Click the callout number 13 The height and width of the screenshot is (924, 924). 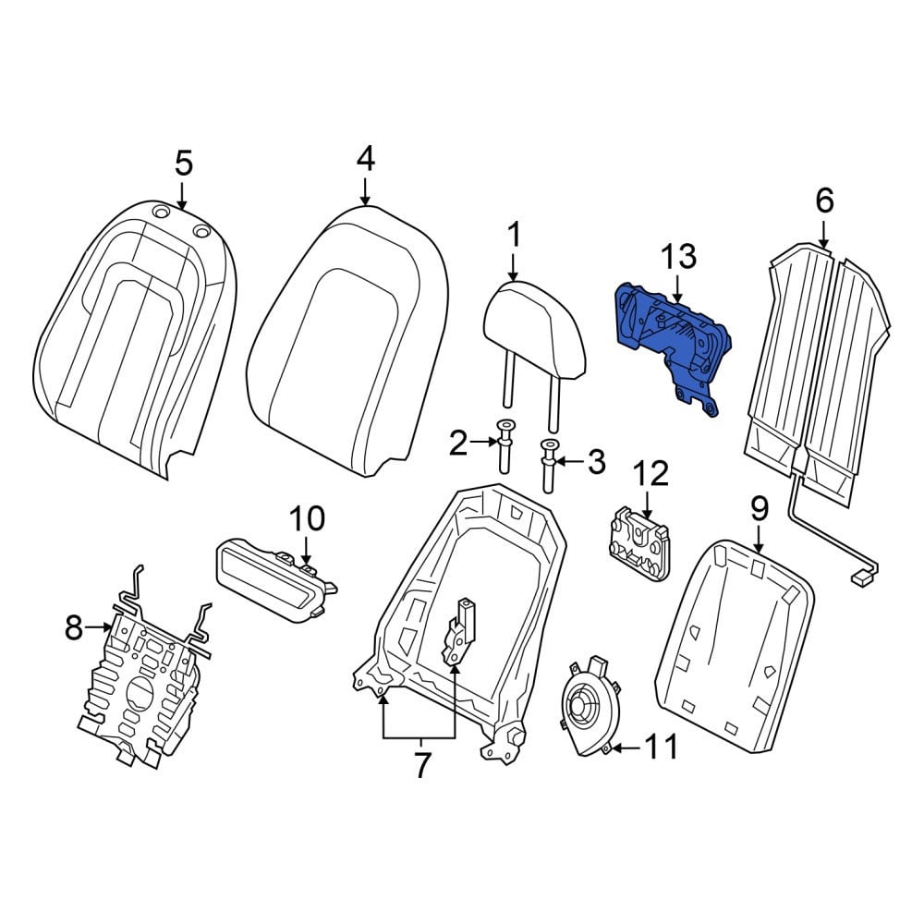(678, 257)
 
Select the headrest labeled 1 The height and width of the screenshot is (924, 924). (533, 336)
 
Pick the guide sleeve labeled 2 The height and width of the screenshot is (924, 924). (505, 446)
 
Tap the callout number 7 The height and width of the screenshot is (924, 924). (420, 765)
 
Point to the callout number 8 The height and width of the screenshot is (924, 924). (73, 627)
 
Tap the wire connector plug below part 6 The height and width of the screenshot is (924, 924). (859, 579)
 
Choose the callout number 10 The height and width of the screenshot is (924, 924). (307, 518)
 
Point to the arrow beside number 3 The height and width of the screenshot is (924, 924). (569, 461)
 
